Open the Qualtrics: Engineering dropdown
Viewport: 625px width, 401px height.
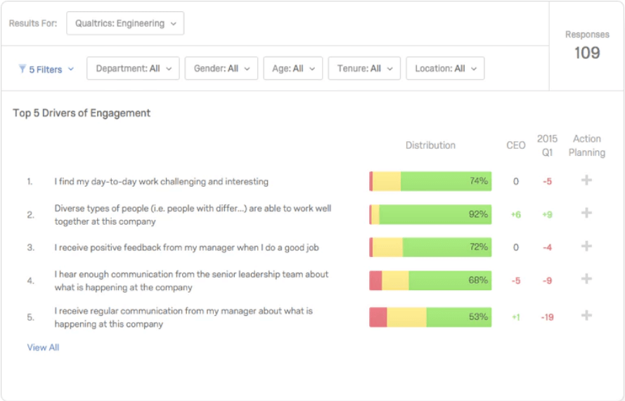click(125, 23)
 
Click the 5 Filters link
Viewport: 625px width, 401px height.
click(46, 69)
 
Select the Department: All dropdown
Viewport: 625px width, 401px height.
click(133, 68)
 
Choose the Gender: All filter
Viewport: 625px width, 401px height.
click(221, 68)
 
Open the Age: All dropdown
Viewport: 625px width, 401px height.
click(292, 68)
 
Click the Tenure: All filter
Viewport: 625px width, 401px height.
click(363, 68)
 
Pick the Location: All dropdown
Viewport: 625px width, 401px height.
click(445, 68)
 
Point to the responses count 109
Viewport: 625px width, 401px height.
click(586, 53)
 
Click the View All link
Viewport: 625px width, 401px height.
click(43, 348)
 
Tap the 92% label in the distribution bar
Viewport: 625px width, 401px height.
click(478, 214)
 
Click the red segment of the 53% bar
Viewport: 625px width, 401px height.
click(378, 317)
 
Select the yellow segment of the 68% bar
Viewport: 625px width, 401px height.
click(395, 280)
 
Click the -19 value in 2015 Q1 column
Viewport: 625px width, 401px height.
click(547, 317)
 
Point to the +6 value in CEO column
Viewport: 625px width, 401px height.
click(515, 215)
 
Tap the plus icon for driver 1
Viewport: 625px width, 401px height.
click(586, 180)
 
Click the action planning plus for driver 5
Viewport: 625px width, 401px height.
click(586, 315)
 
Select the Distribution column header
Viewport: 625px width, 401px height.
click(430, 145)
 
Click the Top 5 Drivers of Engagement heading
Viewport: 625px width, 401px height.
click(82, 113)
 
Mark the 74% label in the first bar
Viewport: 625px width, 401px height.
click(478, 181)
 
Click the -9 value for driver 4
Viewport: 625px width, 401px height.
click(547, 281)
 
